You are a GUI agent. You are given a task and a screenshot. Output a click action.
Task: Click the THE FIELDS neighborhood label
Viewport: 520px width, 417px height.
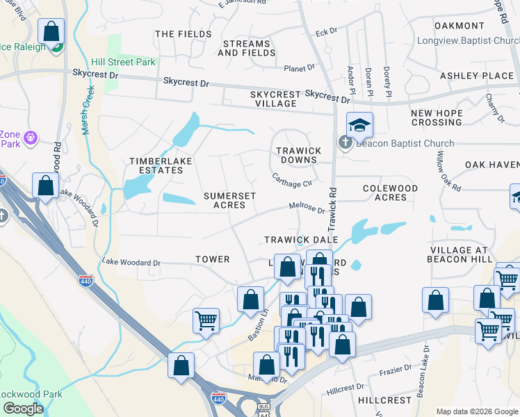[x=184, y=34]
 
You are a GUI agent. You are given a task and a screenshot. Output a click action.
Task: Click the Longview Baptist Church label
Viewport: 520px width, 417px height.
[x=468, y=40]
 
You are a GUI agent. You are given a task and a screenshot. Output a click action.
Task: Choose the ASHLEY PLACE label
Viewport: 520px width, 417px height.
[x=476, y=75]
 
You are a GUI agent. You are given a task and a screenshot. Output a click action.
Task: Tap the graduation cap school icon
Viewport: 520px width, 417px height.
[x=359, y=125]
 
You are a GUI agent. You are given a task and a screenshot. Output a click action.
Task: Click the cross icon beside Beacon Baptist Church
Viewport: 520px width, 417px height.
[x=346, y=143]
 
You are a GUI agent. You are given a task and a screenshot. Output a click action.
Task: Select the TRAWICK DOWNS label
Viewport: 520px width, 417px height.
[x=298, y=155]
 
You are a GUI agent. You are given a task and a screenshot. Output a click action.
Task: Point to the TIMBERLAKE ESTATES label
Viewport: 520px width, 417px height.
[x=161, y=166]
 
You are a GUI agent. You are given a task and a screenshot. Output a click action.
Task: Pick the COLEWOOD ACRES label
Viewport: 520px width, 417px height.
[x=391, y=193]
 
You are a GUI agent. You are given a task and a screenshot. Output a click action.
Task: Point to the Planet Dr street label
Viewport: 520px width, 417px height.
[x=299, y=68]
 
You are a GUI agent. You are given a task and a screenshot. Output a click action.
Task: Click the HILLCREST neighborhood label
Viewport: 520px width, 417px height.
[x=385, y=401]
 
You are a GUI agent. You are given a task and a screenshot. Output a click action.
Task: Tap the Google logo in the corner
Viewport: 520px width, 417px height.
[x=24, y=409]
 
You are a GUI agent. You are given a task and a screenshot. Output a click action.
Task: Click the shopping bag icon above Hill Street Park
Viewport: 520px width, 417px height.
[x=51, y=32]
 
